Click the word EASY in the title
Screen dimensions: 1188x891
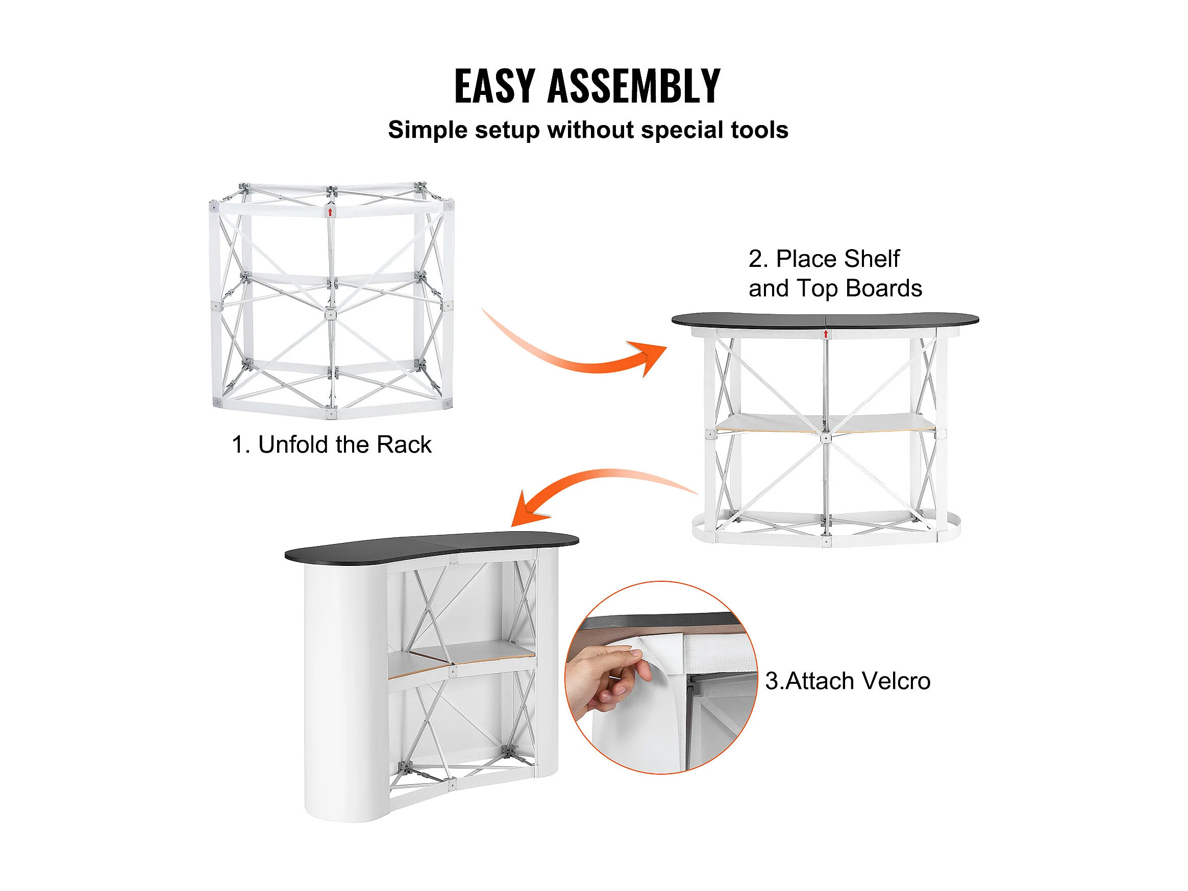point(494,86)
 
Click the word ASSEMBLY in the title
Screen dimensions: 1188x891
point(634,86)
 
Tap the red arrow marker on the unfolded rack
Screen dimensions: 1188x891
point(330,213)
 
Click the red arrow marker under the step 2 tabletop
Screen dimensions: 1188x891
point(826,335)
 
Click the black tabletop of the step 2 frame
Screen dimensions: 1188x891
point(825,321)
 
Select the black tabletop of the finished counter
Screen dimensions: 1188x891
point(431,547)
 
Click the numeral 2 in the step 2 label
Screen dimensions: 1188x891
point(756,259)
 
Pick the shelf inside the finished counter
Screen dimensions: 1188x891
point(462,659)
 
